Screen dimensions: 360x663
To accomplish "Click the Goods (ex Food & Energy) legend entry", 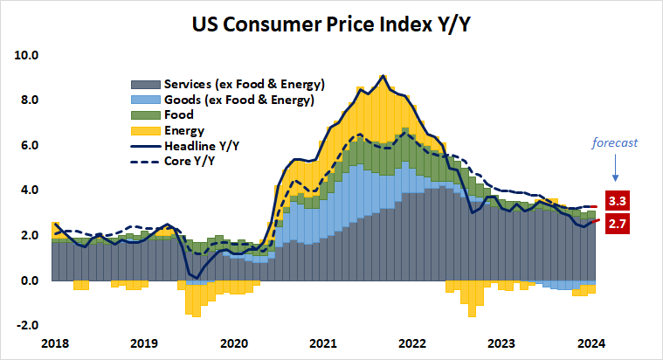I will click(238, 100).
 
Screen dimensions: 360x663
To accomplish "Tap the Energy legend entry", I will click(183, 131).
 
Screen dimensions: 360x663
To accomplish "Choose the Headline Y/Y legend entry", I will click(202, 146).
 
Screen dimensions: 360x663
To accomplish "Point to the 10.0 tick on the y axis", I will click(27, 55).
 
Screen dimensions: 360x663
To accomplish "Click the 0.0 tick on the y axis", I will click(30, 280).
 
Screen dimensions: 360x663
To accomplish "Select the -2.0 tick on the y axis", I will click(28, 325).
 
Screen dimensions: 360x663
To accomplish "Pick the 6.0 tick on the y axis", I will click(30, 145).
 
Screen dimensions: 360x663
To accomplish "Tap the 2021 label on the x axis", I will click(323, 343).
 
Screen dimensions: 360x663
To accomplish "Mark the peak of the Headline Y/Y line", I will click(383, 76).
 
